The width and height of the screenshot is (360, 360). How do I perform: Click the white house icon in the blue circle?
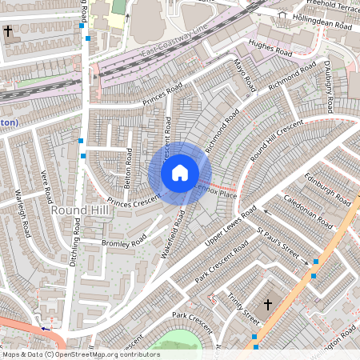tap(180, 173)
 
